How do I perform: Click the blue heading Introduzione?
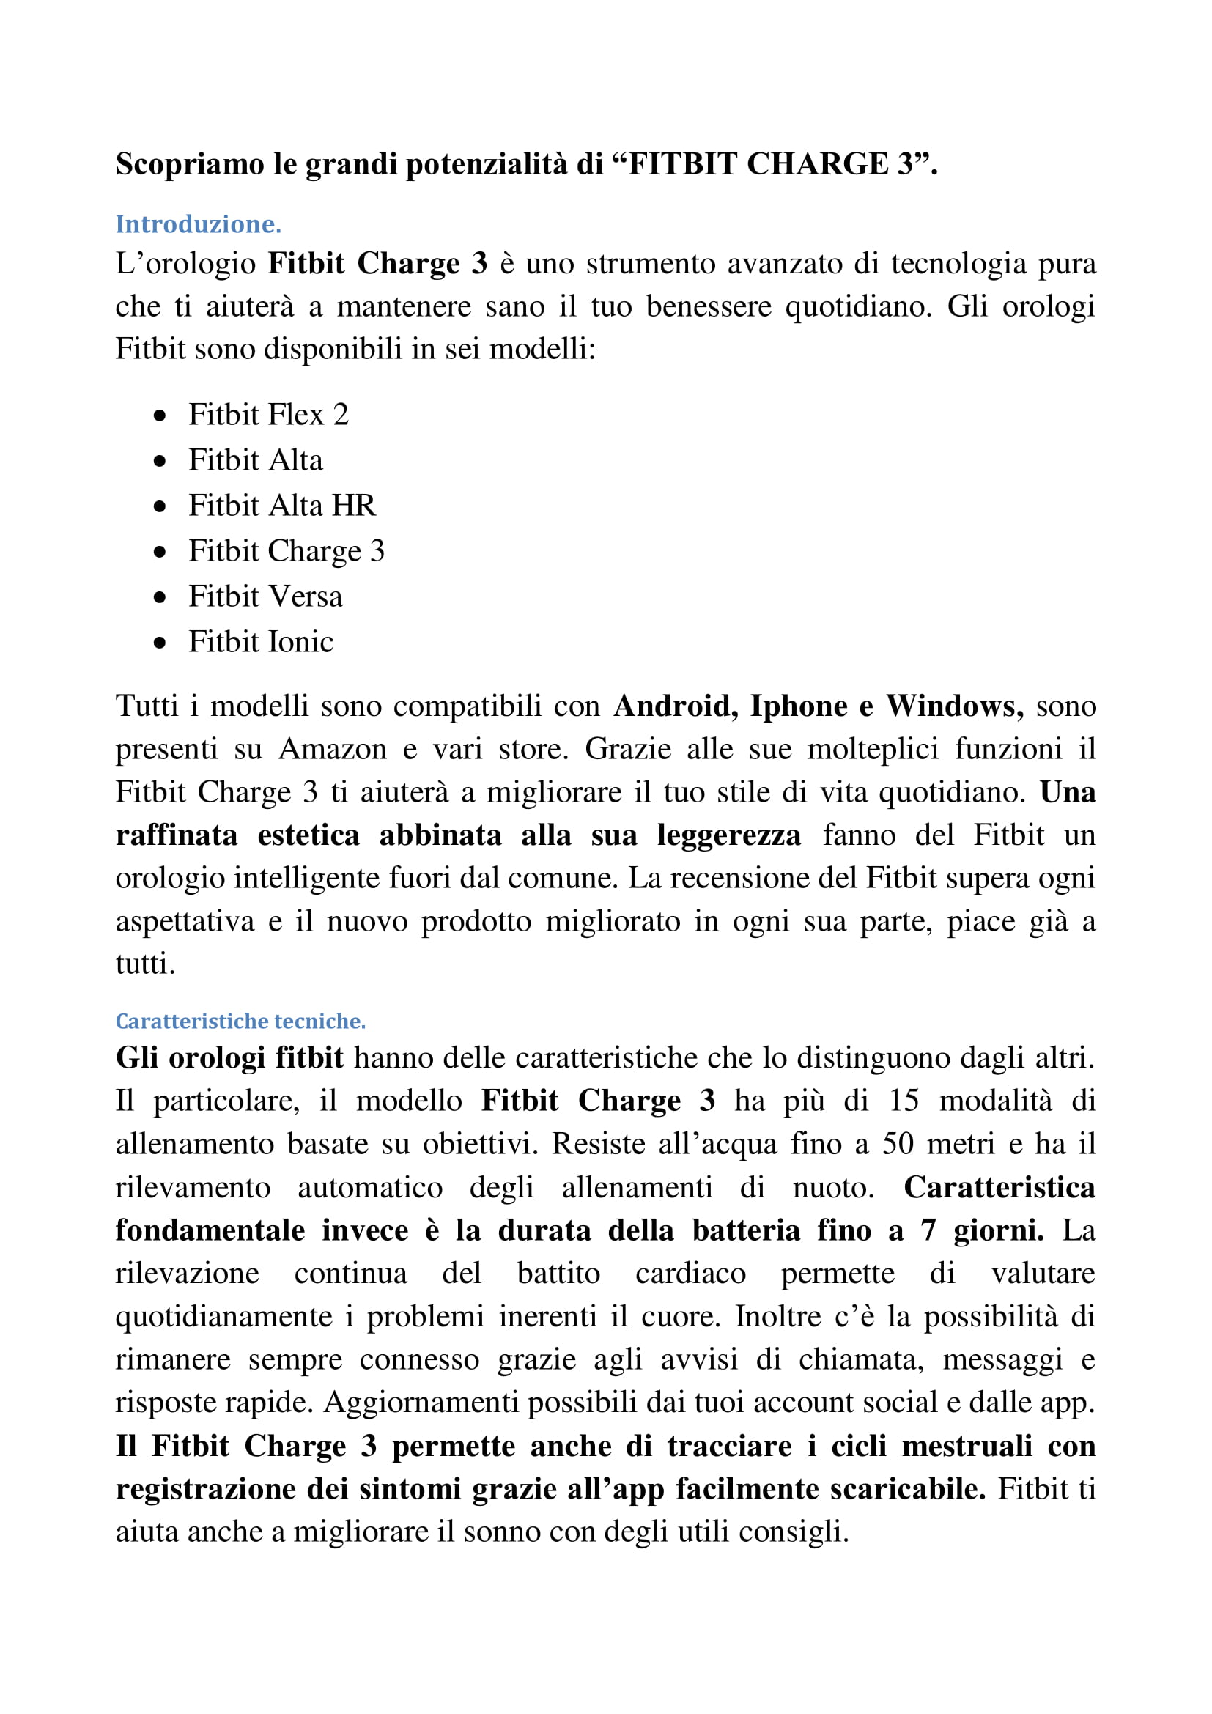[198, 225]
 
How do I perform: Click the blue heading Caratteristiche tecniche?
[240, 1022]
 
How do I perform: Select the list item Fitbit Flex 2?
[268, 415]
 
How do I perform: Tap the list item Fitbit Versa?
[265, 596]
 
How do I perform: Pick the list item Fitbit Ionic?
[260, 642]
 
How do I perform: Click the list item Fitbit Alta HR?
[281, 506]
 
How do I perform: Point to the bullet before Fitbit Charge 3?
[160, 553]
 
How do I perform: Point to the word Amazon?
[333, 749]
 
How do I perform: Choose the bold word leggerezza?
[728, 835]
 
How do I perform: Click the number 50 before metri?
[898, 1144]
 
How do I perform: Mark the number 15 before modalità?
[904, 1101]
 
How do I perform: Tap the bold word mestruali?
[967, 1446]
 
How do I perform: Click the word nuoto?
[833, 1187]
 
